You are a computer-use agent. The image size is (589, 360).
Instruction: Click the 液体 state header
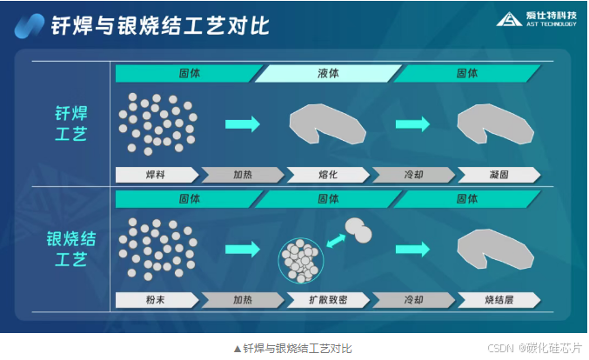(328, 74)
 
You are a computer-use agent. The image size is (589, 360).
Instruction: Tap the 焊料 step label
(156, 175)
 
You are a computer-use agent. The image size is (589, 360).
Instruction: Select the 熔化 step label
(328, 175)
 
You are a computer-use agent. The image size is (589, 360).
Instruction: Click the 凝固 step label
(499, 175)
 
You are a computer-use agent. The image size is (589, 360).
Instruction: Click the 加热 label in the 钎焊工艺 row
(242, 175)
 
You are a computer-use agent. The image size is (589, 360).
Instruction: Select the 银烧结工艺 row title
(70, 249)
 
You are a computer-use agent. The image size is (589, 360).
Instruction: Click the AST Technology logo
(536, 20)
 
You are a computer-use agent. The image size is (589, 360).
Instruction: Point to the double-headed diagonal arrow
(334, 237)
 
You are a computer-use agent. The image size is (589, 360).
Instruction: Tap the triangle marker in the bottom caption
(237, 348)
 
